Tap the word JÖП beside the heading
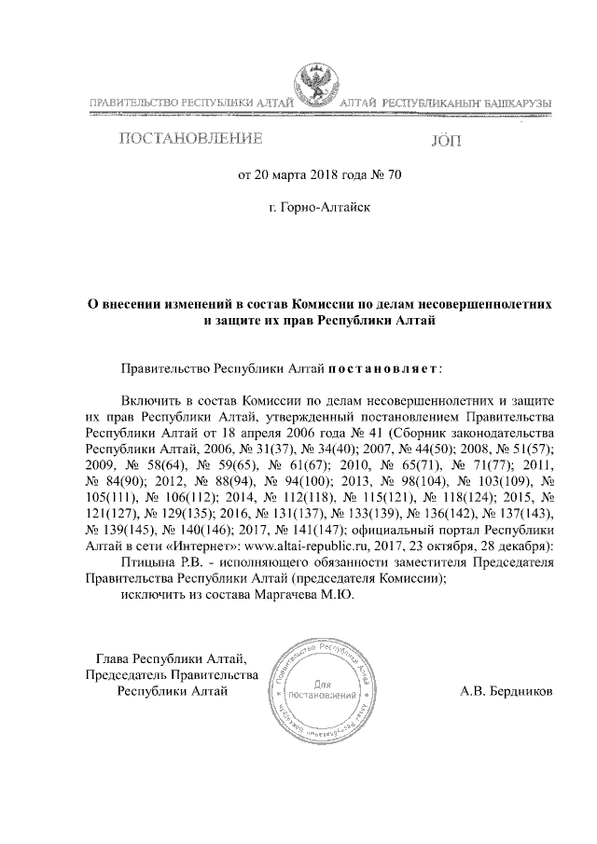point(447,143)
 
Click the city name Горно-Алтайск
point(320,205)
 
